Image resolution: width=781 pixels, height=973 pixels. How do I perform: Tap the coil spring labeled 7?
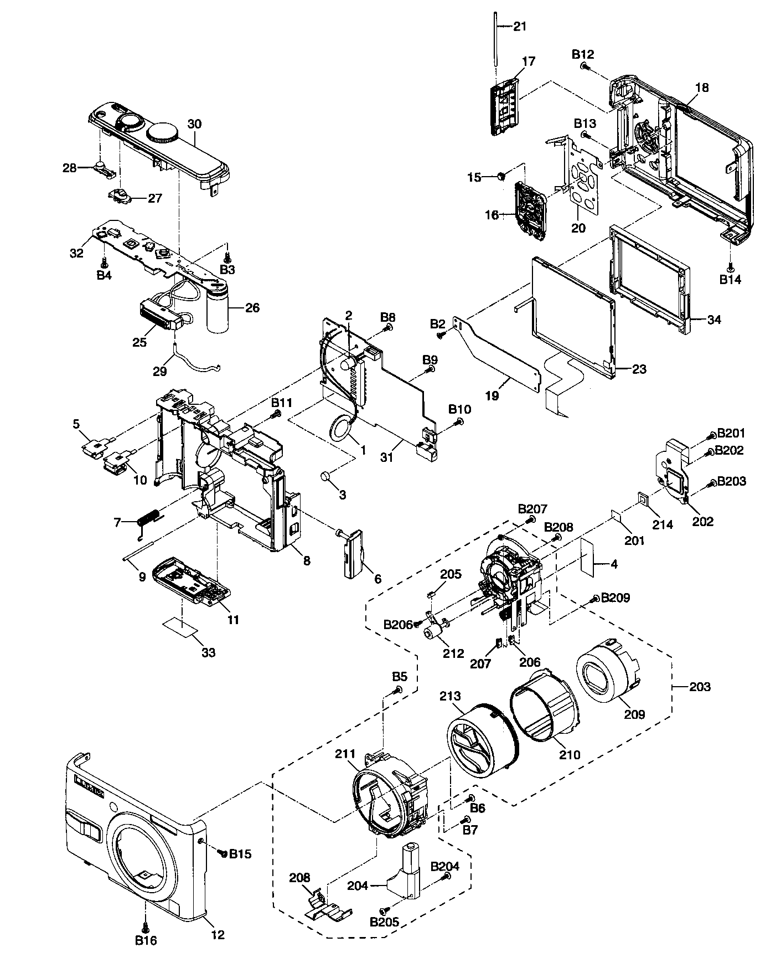click(x=148, y=520)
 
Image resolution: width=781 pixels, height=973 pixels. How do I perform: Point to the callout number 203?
click(x=700, y=687)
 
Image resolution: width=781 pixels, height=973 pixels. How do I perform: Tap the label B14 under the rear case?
click(x=731, y=280)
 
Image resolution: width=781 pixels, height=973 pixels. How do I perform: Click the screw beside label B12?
click(x=584, y=66)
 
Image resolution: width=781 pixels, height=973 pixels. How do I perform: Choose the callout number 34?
click(x=715, y=320)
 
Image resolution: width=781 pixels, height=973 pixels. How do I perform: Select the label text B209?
click(x=615, y=598)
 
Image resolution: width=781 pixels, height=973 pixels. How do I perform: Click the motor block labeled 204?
click(x=408, y=875)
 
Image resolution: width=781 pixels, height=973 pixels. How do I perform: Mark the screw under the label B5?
click(x=398, y=689)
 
